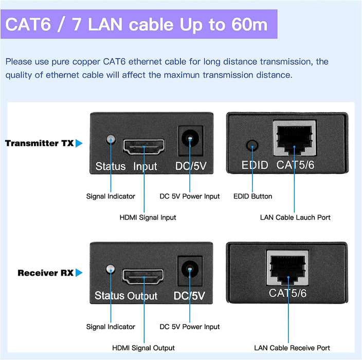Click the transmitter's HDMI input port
point(143,147)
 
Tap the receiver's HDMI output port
point(143,277)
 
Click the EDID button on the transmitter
point(251,146)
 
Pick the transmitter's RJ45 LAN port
point(294,138)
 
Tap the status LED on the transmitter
point(109,139)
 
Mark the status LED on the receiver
point(109,269)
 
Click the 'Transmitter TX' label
point(39,143)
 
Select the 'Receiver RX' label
point(45,273)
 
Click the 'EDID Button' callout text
point(252,196)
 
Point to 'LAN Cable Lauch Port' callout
point(295,217)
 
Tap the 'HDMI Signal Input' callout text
point(148,217)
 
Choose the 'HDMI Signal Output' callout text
point(143,348)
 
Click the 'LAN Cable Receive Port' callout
point(292,348)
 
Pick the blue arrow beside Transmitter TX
point(79,143)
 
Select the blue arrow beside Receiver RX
point(79,273)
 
